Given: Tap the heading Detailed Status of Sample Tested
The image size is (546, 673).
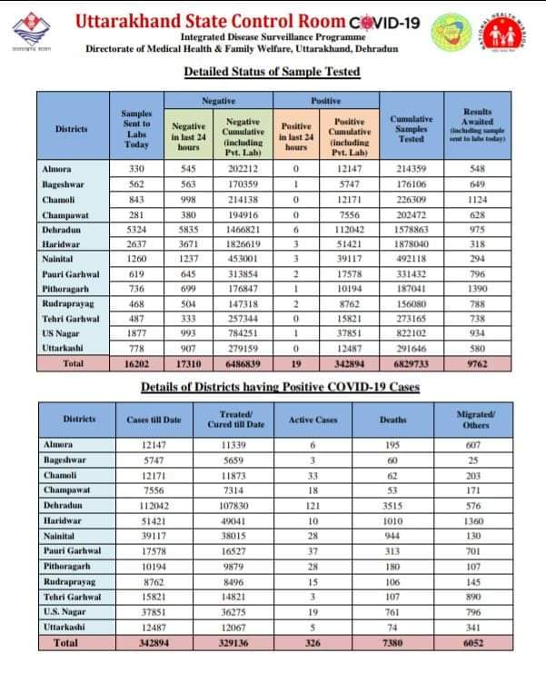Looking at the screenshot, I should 272,71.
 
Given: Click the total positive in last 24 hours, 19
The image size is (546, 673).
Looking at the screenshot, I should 296,362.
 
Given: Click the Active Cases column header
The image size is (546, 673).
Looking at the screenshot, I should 313,420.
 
